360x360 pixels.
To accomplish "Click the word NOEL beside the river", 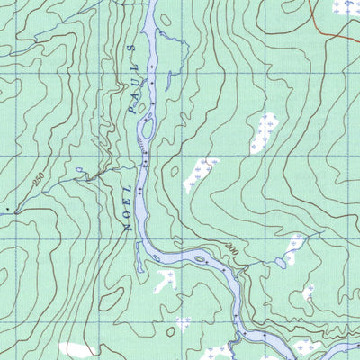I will (131, 206).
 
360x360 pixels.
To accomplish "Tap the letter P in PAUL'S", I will (132, 107).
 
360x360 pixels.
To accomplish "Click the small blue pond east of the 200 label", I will (282, 264).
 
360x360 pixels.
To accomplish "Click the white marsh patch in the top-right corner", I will (345, 7).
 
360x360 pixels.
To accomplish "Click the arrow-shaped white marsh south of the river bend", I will (165, 281).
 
